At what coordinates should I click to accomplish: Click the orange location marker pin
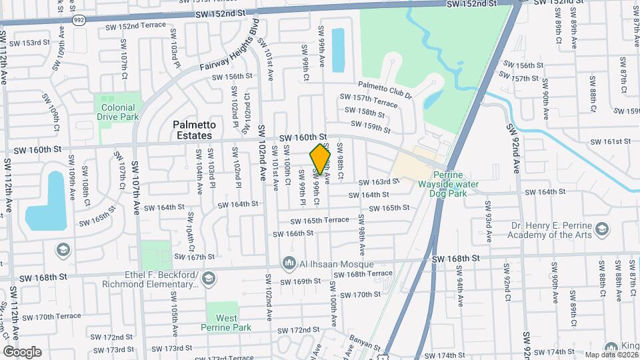[x=321, y=161]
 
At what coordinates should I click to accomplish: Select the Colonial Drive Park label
[x=119, y=112]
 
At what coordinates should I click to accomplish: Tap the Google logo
[x=22, y=351]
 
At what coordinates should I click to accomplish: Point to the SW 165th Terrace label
[x=319, y=220]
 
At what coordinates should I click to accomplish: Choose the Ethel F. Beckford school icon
[x=209, y=277]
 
